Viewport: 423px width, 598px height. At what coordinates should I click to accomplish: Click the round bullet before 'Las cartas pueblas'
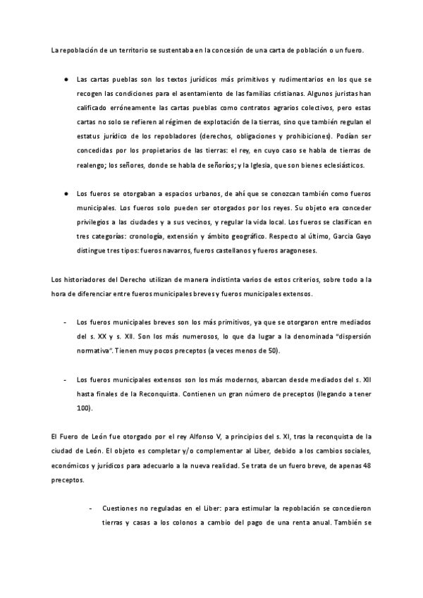click(x=64, y=79)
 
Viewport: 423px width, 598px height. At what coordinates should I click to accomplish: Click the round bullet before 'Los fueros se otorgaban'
click(x=64, y=193)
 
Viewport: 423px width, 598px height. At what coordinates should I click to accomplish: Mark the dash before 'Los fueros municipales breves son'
click(x=65, y=322)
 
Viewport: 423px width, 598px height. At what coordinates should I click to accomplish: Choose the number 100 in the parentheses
click(x=83, y=408)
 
